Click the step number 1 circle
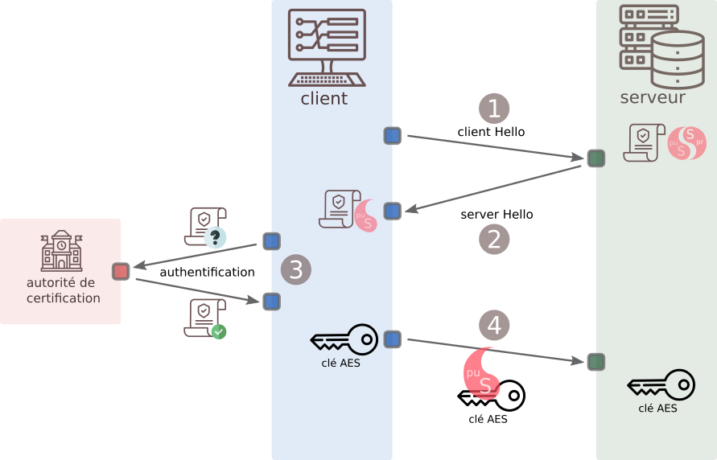pyautogui.click(x=494, y=109)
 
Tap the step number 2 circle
pyautogui.click(x=494, y=239)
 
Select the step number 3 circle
pyautogui.click(x=295, y=270)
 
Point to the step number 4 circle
pyautogui.click(x=494, y=325)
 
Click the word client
pyautogui.click(x=323, y=99)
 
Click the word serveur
pyautogui.click(x=653, y=98)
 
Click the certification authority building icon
pyautogui.click(x=61, y=251)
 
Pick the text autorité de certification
pyautogui.click(x=61, y=290)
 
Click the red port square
pyautogui.click(x=121, y=271)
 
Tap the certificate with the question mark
pyautogui.click(x=205, y=226)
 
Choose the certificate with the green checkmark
pyautogui.click(x=205, y=318)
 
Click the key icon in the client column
pyautogui.click(x=344, y=339)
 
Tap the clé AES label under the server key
pyautogui.click(x=657, y=408)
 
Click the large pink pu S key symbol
pyautogui.click(x=483, y=373)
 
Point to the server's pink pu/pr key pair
pyautogui.click(x=686, y=142)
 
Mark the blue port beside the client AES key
pyautogui.click(x=392, y=339)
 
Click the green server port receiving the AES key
pyautogui.click(x=595, y=362)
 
